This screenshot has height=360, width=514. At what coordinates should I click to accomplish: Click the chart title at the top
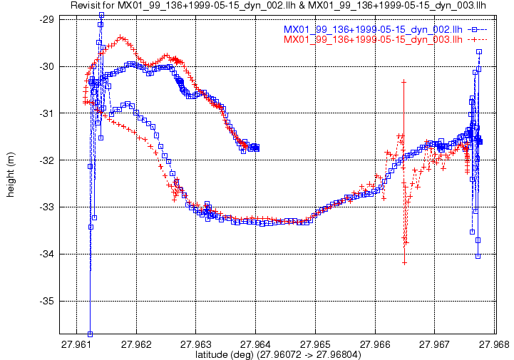pyautogui.click(x=278, y=5)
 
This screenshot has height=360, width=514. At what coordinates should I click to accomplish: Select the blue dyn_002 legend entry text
pyautogui.click(x=373, y=29)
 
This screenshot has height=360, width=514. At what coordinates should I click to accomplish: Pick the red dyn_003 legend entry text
pyautogui.click(x=373, y=39)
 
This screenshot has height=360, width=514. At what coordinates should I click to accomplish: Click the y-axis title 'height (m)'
pyautogui.click(x=11, y=175)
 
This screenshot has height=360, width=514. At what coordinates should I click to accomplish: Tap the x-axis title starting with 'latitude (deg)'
pyautogui.click(x=278, y=354)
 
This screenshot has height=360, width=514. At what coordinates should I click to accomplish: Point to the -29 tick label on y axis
pyautogui.click(x=46, y=20)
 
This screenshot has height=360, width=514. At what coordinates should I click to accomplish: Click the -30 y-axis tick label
pyautogui.click(x=46, y=66)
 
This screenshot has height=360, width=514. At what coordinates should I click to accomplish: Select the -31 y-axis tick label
pyautogui.click(x=46, y=113)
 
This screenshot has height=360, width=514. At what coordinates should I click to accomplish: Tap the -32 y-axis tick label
pyautogui.click(x=46, y=160)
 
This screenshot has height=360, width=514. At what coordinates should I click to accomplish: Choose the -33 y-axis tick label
pyautogui.click(x=46, y=207)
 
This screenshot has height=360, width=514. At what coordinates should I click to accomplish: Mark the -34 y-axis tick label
pyautogui.click(x=46, y=254)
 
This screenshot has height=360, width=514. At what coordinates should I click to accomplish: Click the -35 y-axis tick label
pyautogui.click(x=46, y=301)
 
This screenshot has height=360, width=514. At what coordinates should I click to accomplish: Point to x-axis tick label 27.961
pyautogui.click(x=76, y=344)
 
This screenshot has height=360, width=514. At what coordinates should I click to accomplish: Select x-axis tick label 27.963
pyautogui.click(x=196, y=344)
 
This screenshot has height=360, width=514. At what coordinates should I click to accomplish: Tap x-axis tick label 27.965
pyautogui.click(x=315, y=344)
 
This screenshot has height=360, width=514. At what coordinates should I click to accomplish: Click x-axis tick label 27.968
pyautogui.click(x=494, y=344)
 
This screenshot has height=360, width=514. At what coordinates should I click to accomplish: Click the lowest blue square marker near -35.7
pyautogui.click(x=90, y=334)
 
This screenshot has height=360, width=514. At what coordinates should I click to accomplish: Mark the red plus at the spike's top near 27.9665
pyautogui.click(x=404, y=82)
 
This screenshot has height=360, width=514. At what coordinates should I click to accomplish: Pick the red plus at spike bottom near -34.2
pyautogui.click(x=404, y=262)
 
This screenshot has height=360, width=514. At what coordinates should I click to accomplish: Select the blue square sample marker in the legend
pyautogui.click(x=474, y=29)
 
